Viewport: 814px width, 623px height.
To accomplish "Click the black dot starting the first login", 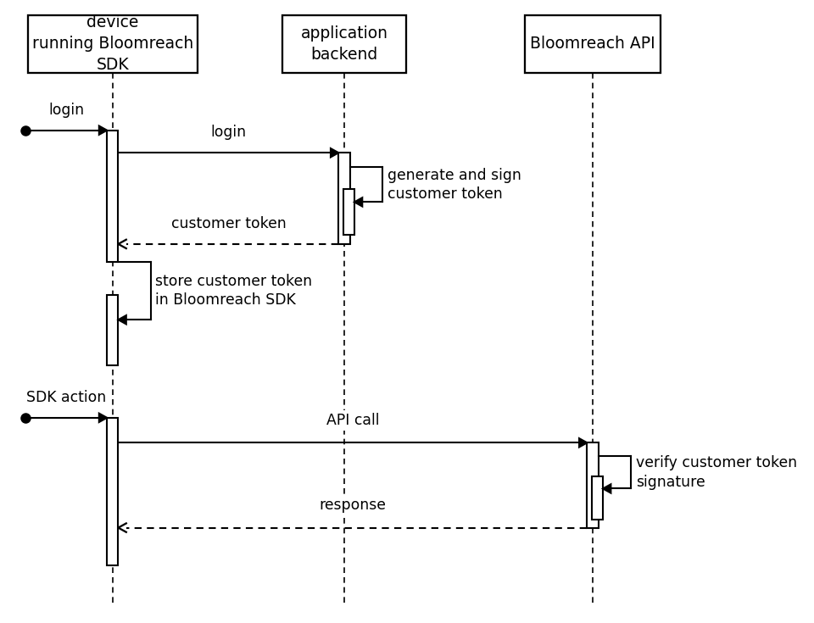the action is pos(26,131).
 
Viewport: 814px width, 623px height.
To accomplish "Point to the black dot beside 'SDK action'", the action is pos(26,418).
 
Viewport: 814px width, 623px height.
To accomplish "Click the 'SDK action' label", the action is pos(66,397).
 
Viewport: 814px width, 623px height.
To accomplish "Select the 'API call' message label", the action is pos(353,420).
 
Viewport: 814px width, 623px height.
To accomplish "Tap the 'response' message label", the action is pos(353,504).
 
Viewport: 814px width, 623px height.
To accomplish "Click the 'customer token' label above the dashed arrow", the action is pos(228,223).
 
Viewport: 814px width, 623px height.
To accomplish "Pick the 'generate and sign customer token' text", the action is pos(454,184).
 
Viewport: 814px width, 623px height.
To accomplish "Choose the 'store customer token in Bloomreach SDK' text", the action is pos(234,290).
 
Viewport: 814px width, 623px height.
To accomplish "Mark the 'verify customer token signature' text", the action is pos(716,471).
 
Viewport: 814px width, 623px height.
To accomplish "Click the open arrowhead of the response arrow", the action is pos(122,528).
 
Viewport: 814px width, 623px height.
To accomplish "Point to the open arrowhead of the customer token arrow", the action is pos(122,244).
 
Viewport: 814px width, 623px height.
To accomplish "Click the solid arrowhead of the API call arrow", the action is pos(583,442).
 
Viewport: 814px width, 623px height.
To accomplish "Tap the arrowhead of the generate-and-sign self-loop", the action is pos(358,202).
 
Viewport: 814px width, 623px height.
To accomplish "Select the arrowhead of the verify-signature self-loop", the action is pos(607,488).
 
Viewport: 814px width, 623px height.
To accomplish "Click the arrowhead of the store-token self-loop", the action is pos(122,320).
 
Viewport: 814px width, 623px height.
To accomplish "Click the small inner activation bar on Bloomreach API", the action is pos(597,498).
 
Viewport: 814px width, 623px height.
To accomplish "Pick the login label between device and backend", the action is pos(228,131).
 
